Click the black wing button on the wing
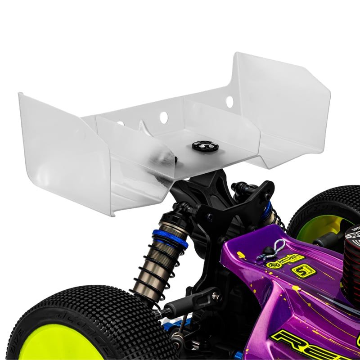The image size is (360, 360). (x=199, y=146)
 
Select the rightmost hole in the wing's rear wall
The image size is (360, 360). (x=229, y=100)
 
